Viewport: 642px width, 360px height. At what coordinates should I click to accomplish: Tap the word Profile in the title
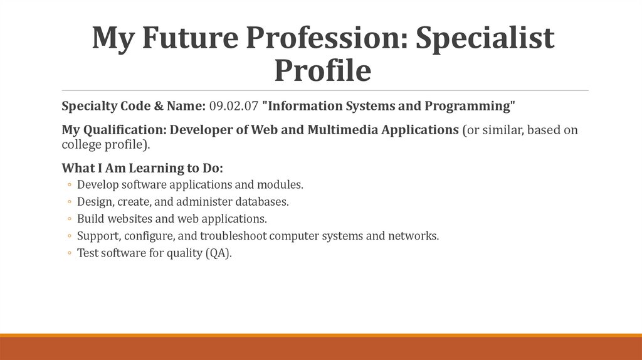[322, 70]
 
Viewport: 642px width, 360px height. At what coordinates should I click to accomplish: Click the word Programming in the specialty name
[470, 106]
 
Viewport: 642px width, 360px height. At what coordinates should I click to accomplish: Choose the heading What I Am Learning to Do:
[142, 169]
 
